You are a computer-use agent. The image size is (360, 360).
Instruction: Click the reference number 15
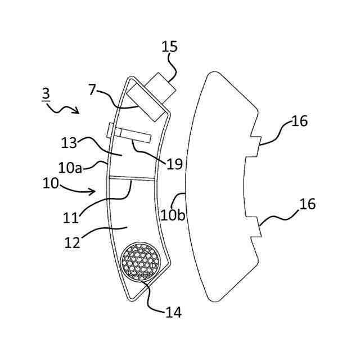(x=169, y=46)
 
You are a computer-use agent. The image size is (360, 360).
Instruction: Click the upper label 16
(x=299, y=120)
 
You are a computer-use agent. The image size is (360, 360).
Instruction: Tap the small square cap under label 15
(x=160, y=85)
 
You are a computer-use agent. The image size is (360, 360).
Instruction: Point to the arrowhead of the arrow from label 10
(x=96, y=192)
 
